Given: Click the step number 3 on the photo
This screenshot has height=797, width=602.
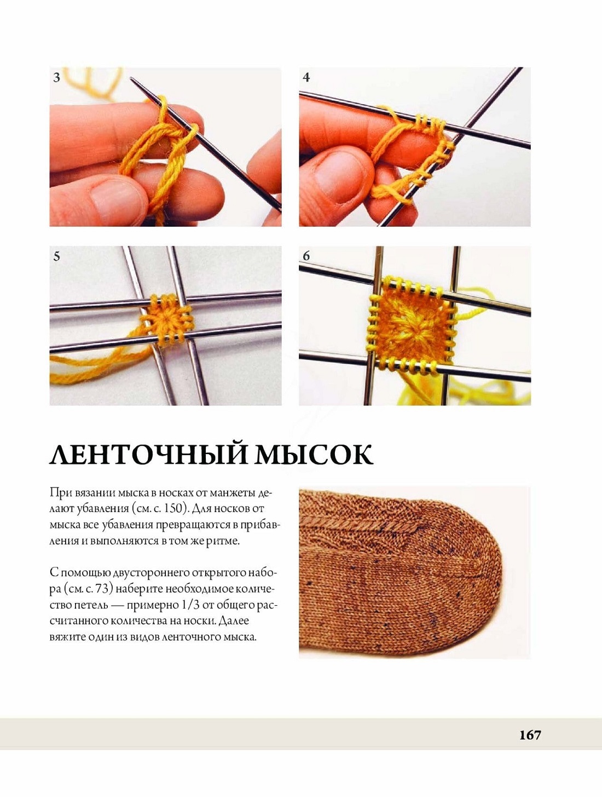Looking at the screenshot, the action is click(56, 77).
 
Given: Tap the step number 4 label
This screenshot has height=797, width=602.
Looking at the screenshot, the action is click(306, 77).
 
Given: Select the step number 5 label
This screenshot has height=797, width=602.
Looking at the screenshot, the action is click(56, 256).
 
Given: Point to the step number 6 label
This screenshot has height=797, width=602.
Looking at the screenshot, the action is click(306, 256).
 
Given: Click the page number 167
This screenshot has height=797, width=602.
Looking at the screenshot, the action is click(530, 736).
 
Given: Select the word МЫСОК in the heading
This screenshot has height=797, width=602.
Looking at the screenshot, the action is click(314, 454).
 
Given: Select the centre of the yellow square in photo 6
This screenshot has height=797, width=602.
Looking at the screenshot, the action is click(412, 327).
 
